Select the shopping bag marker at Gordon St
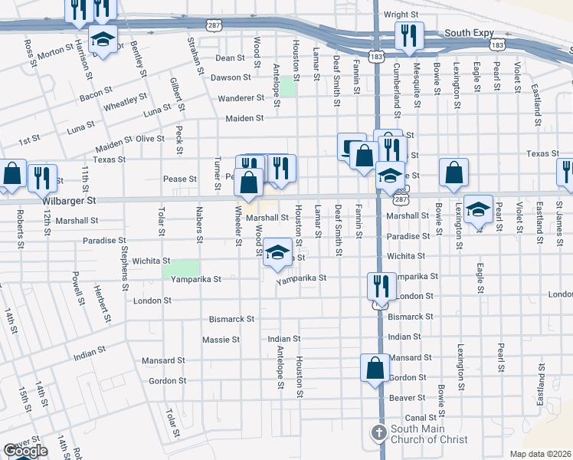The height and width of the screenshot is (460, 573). (375, 367)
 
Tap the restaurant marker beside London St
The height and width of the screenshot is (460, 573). (379, 287)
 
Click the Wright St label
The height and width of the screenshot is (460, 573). (401, 15)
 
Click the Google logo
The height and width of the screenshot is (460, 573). (26, 451)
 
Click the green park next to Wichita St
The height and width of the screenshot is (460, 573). (182, 269)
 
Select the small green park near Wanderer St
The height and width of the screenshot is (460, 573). (288, 87)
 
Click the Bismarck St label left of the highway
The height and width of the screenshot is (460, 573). (231, 318)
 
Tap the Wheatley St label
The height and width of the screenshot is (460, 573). (126, 101)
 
